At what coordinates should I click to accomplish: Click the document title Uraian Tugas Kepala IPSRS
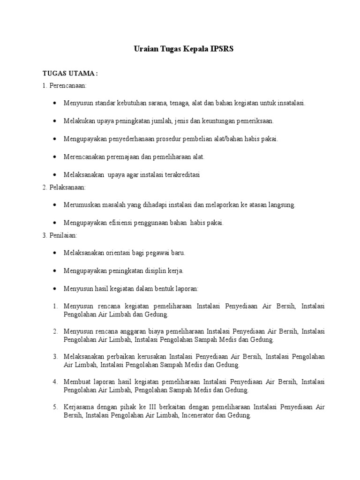pyautogui.click(x=180, y=49)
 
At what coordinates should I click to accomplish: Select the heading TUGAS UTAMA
pyautogui.click(x=70, y=74)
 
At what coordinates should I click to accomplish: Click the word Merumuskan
pyautogui.click(x=80, y=205)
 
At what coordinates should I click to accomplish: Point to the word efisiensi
pyautogui.click(x=120, y=223)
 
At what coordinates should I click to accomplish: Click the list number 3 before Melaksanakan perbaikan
pyautogui.click(x=55, y=356)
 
